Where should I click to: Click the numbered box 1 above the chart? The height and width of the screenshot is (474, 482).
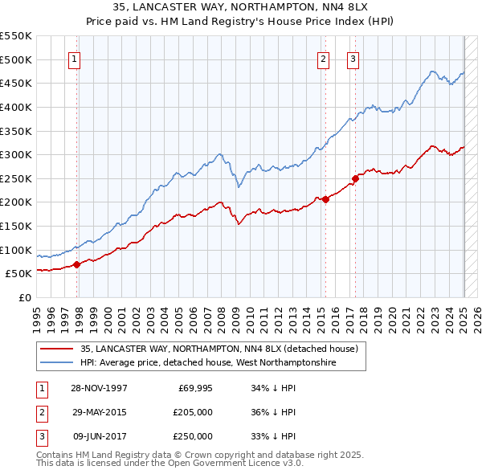(x=74, y=58)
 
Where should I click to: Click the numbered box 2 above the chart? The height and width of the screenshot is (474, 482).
(x=323, y=58)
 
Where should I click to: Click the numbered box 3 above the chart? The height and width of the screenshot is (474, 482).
(x=353, y=58)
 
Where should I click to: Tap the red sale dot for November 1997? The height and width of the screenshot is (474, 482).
(x=77, y=264)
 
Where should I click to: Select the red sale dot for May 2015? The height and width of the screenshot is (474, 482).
(x=325, y=200)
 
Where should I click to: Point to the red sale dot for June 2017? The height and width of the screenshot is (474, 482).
(x=355, y=178)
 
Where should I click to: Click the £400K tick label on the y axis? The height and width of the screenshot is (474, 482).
(x=16, y=107)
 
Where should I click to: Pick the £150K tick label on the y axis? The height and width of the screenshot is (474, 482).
(x=16, y=226)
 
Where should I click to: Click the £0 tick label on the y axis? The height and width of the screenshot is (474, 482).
(x=24, y=297)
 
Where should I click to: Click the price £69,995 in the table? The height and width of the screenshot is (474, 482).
(x=194, y=388)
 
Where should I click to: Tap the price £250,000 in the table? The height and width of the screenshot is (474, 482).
(x=191, y=436)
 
